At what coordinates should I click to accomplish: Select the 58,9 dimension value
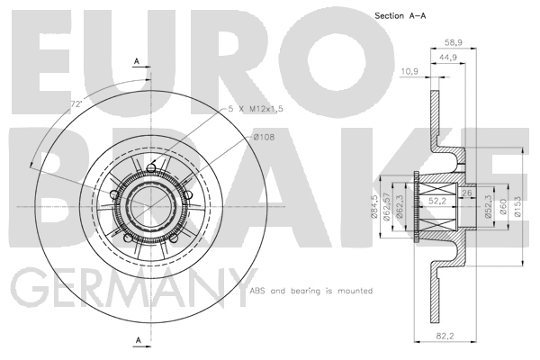[x=452, y=42]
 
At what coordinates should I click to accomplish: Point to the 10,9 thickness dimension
[x=409, y=70]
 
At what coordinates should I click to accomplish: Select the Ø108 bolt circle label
[x=264, y=137]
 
